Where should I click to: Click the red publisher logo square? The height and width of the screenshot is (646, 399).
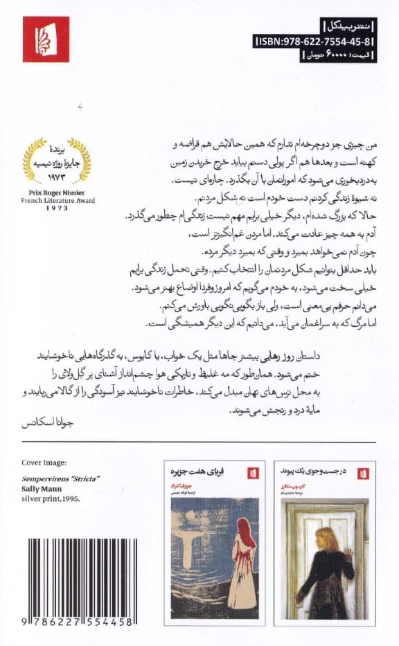pyautogui.click(x=46, y=39)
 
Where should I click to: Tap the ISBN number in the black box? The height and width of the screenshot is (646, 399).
pyautogui.click(x=315, y=42)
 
